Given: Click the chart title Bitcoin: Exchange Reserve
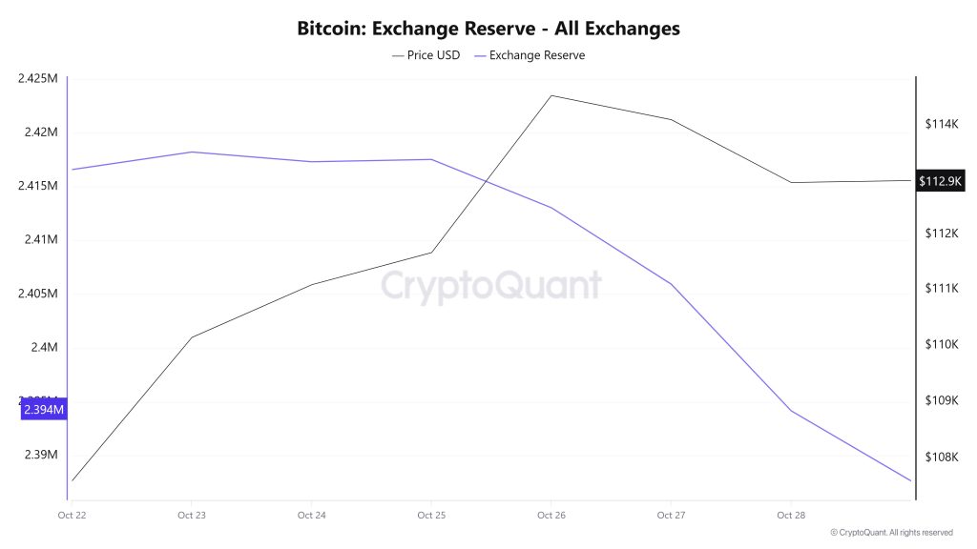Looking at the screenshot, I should pyautogui.click(x=488, y=29).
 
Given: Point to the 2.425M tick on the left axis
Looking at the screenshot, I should pyautogui.click(x=38, y=78).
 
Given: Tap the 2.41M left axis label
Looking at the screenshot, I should pyautogui.click(x=40, y=239).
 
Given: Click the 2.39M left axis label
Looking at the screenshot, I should pyautogui.click(x=40, y=455).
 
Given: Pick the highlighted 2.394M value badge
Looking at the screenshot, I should pyautogui.click(x=44, y=410).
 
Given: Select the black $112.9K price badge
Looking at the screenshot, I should pyautogui.click(x=940, y=181).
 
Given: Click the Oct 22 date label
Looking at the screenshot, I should pyautogui.click(x=72, y=516).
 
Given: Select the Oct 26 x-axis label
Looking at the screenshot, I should pyautogui.click(x=551, y=516).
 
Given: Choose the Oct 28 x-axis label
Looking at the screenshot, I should pyautogui.click(x=790, y=516).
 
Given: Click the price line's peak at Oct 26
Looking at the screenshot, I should pyautogui.click(x=551, y=95).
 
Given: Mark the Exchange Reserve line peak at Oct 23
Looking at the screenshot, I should pyautogui.click(x=192, y=152).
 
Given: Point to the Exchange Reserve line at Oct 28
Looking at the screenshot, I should pyautogui.click(x=791, y=411).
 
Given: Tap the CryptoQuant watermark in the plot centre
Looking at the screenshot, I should pyautogui.click(x=491, y=285).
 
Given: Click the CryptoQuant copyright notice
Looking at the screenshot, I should pyautogui.click(x=891, y=533).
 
